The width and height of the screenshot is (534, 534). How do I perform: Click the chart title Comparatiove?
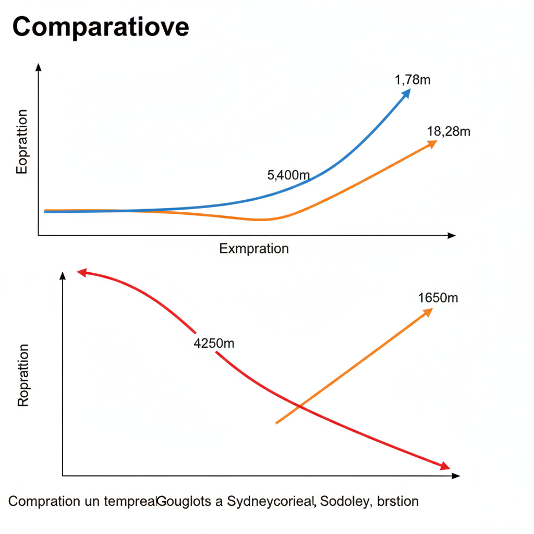point(101,27)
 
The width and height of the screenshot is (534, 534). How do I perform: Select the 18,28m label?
point(448,131)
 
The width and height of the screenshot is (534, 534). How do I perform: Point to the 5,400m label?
point(288,175)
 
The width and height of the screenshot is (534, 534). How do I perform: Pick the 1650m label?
point(438,298)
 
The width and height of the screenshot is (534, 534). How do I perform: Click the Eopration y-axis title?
point(22,141)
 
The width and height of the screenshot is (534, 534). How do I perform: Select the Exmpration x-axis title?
point(254,248)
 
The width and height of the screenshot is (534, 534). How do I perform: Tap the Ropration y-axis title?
point(23,375)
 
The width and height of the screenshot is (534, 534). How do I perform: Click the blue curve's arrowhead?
point(406,93)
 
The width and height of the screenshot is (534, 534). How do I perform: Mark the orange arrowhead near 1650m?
point(428,312)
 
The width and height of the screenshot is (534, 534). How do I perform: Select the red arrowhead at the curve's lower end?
point(445,466)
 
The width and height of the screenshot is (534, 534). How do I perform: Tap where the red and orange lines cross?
point(299,406)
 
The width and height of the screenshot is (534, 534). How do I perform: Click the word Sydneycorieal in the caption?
point(272,502)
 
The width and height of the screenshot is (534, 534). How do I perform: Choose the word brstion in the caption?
point(398,502)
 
